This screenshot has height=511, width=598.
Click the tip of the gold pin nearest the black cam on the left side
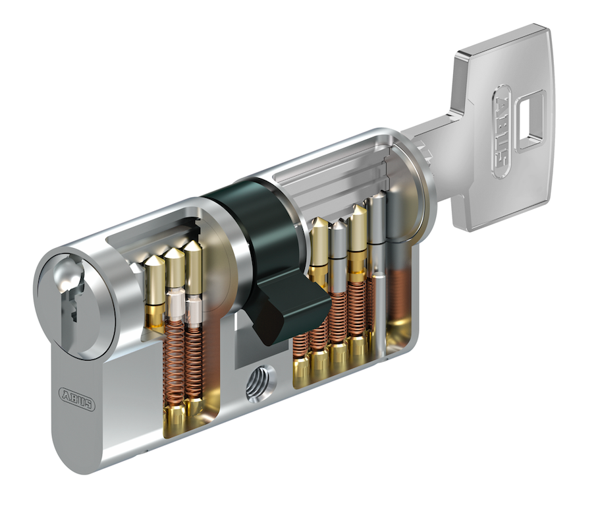[193, 246]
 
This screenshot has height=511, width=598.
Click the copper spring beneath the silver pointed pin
[338, 316]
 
